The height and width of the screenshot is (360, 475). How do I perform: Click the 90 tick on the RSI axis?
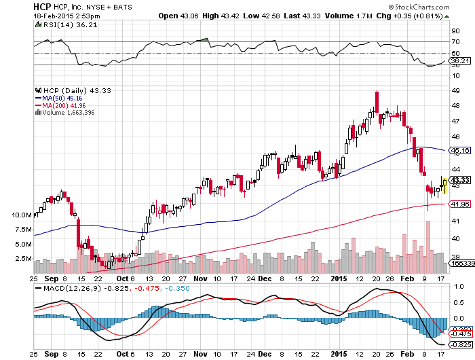[x=455, y=31]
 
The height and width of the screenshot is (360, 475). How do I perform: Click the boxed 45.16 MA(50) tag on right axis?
[x=460, y=150]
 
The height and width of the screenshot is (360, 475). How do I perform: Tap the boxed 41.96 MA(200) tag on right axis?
[x=460, y=204]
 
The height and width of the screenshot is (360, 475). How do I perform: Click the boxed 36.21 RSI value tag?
[x=460, y=61]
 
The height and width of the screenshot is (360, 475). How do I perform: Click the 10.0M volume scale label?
[x=21, y=215]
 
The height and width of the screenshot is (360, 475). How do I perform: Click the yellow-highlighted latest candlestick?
[x=444, y=184]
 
